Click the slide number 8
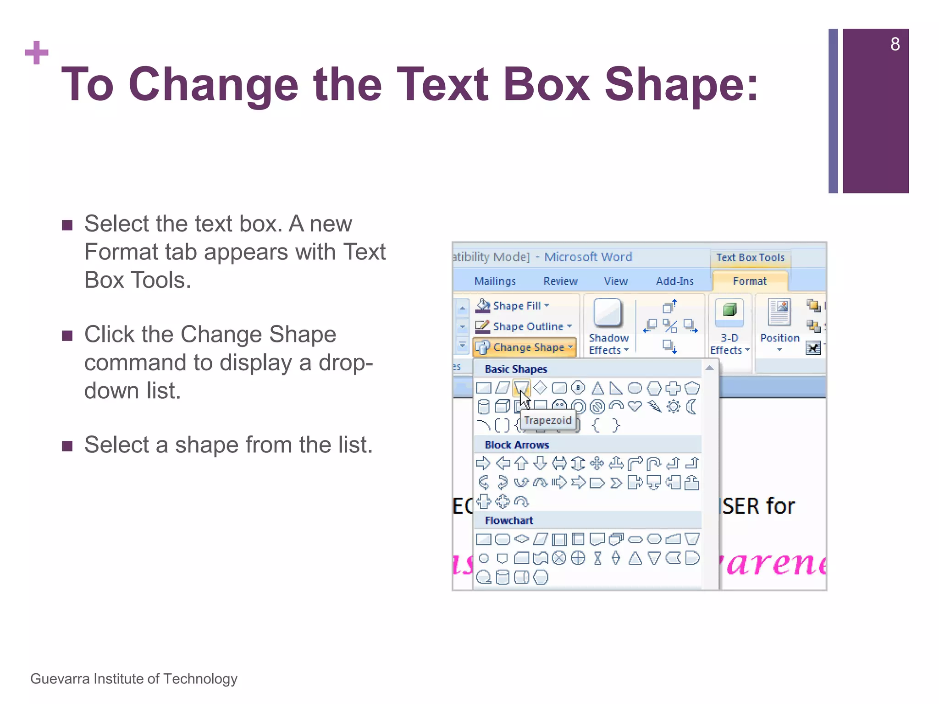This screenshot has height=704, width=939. [895, 44]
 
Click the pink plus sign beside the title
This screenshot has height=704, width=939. [37, 53]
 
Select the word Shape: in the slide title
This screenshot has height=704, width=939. [681, 85]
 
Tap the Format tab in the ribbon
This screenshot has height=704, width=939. [749, 281]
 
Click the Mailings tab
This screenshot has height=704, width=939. [495, 281]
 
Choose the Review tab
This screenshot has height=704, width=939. [560, 281]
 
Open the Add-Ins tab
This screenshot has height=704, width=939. [674, 281]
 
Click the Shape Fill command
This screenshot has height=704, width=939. [517, 306]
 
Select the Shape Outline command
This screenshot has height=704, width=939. [528, 326]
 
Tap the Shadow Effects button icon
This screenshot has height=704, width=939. [608, 313]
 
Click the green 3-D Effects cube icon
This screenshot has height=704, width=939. [729, 310]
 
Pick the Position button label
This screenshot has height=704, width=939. [779, 338]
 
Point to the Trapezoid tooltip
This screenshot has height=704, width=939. [548, 420]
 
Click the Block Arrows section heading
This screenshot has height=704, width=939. [517, 445]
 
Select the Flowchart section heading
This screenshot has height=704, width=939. [509, 521]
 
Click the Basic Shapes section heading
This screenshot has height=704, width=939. [516, 369]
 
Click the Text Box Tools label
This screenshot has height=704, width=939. [750, 258]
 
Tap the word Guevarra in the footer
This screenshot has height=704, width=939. [60, 679]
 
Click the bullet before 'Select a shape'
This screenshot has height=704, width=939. [67, 446]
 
